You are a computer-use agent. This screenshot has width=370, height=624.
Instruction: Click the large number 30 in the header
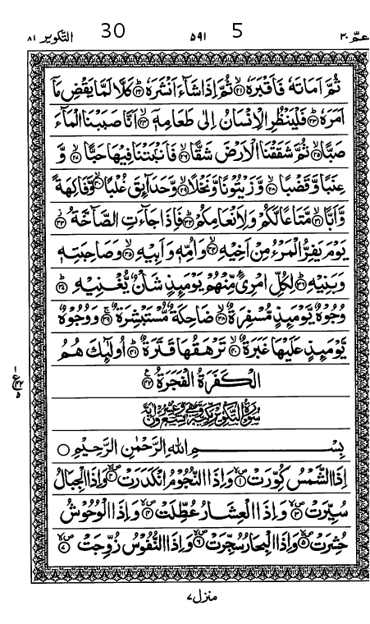point(113,32)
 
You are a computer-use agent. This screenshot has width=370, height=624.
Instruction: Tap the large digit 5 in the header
point(237,32)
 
